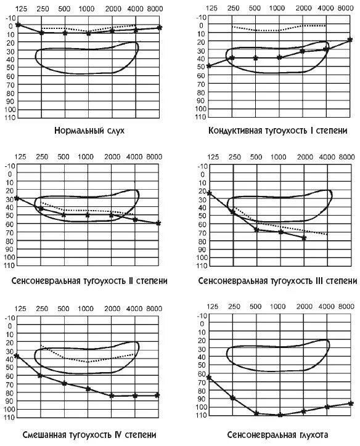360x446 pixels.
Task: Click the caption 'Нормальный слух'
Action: [89, 131]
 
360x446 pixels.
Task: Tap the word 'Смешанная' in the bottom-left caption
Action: [44, 435]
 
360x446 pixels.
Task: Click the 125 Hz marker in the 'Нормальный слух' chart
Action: [18, 25]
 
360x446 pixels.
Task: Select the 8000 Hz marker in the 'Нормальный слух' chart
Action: [160, 28]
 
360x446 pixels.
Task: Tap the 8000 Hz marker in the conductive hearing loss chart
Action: [350, 40]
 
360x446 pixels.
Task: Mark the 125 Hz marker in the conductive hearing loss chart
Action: [208, 66]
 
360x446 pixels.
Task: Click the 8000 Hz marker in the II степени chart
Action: [158, 224]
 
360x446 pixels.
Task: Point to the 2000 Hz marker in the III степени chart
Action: [304, 238]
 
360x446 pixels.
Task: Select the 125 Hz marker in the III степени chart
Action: [210, 193]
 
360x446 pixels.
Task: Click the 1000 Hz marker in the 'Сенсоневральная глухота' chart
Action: [280, 415]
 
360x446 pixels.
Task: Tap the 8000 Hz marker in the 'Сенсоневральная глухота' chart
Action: [351, 403]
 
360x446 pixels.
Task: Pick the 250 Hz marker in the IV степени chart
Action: [40, 376]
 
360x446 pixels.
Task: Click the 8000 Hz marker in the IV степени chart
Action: [157, 395]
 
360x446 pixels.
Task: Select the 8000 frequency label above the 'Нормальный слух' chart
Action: [155, 9]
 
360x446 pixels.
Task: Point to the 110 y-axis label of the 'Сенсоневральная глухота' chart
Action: [201, 415]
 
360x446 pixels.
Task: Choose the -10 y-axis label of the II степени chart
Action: [10, 166]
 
